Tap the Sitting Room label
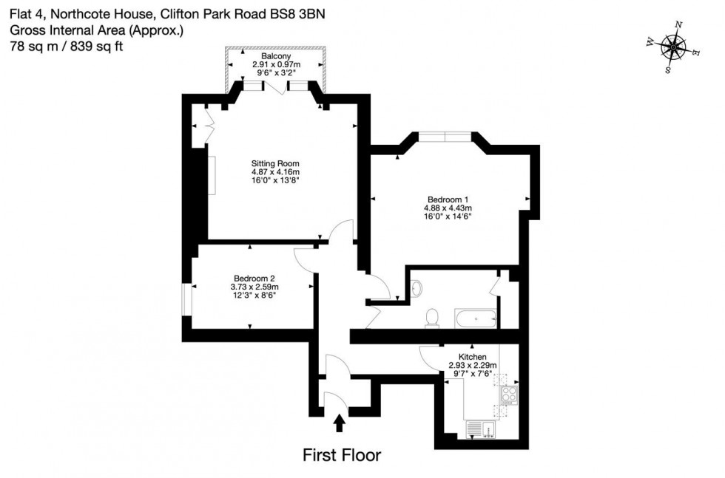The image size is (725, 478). [x=275, y=163]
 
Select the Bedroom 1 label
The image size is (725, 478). [x=448, y=199]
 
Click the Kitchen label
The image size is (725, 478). [x=473, y=355]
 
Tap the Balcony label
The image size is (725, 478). [x=275, y=55]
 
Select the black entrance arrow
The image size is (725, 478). [x=340, y=423]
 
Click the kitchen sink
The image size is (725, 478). [x=473, y=429]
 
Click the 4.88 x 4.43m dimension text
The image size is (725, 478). [x=448, y=208]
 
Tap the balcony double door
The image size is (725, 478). [x=275, y=87]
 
